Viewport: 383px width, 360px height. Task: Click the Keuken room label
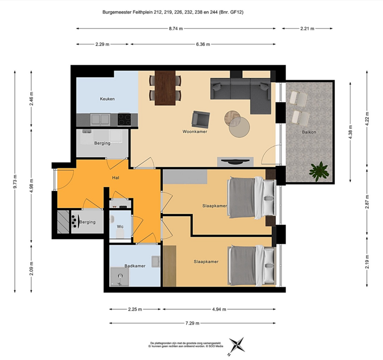pos(107,99)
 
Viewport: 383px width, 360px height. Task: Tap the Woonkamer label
pos(195,132)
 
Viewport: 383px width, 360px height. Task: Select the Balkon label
pos(309,132)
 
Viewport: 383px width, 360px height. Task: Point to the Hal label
pos(116,178)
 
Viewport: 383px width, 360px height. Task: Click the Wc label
pos(120,227)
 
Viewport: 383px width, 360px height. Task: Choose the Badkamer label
pos(135,266)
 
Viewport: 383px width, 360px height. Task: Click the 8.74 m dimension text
pos(176,28)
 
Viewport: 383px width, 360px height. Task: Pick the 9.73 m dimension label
pos(15,182)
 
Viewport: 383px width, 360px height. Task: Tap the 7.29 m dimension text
pos(193,323)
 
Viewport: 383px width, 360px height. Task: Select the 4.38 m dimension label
pos(350,132)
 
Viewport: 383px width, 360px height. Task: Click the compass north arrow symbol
pos(237,345)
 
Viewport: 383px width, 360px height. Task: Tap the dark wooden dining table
pos(165,88)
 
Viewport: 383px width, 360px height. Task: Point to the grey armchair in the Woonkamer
pos(201,119)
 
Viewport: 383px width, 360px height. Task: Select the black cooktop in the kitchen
pos(124,119)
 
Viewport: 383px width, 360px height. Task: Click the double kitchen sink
pos(100,120)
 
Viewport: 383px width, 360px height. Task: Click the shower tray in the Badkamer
pos(119,277)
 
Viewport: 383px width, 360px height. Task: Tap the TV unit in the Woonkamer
pos(235,162)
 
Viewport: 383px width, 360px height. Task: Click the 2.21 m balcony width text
pos(307,28)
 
